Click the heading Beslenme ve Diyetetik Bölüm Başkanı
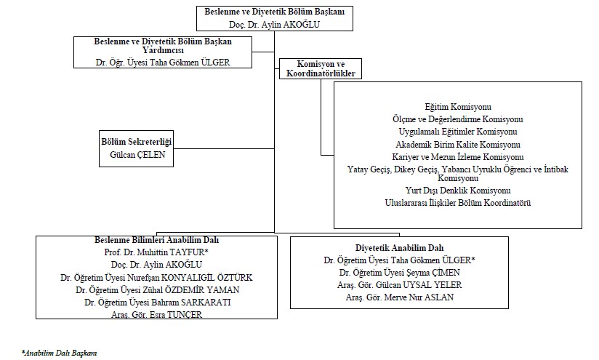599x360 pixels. [x=274, y=12]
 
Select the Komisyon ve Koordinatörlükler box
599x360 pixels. [x=321, y=69]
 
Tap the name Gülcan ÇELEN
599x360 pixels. [x=137, y=155]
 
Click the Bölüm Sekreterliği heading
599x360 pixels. [x=137, y=142]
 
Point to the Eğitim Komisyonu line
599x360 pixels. [x=458, y=107]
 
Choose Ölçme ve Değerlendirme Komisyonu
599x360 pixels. [x=458, y=119]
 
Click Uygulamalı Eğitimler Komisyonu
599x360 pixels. [x=458, y=132]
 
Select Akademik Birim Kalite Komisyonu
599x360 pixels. [x=458, y=145]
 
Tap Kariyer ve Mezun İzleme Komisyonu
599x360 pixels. [x=458, y=157]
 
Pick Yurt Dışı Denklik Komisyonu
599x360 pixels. [x=458, y=191]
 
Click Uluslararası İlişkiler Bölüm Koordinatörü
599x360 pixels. [x=458, y=203]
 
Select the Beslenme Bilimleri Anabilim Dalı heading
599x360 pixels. [x=156, y=240]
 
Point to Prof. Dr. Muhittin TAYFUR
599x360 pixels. [x=156, y=252]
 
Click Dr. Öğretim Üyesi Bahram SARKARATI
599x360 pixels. [x=158, y=303]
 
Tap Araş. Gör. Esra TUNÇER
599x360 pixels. [x=156, y=314]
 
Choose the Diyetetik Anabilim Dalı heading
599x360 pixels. [x=400, y=248]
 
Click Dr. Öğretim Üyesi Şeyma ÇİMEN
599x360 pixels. [x=400, y=273]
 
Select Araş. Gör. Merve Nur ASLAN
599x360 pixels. [x=400, y=297]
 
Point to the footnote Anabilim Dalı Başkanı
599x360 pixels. [x=59, y=353]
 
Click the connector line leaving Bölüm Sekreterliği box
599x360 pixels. [x=224, y=148]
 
